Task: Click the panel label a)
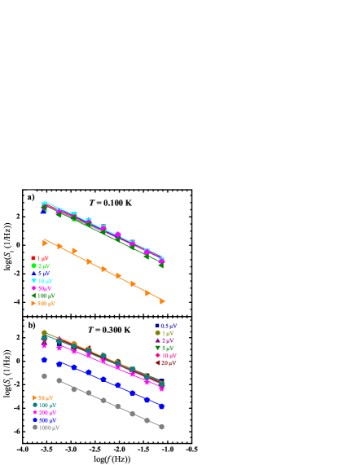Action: [x=30, y=197]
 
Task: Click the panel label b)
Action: [x=31, y=325]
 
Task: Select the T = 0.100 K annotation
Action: [x=110, y=203]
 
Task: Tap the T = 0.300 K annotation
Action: [x=109, y=330]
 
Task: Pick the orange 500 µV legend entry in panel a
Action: [x=43, y=304]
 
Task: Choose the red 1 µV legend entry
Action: [x=42, y=258]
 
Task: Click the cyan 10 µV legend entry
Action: [x=43, y=281]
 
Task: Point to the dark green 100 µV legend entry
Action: [x=44, y=296]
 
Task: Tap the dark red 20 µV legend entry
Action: [x=165, y=363]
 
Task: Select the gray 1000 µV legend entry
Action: [x=46, y=428]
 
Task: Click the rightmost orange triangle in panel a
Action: [x=162, y=301]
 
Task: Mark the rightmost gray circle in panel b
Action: [x=161, y=427]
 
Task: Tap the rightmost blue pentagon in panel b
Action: [x=161, y=406]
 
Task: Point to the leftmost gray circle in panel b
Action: [x=45, y=375]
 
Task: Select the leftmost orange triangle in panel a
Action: [x=46, y=242]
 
